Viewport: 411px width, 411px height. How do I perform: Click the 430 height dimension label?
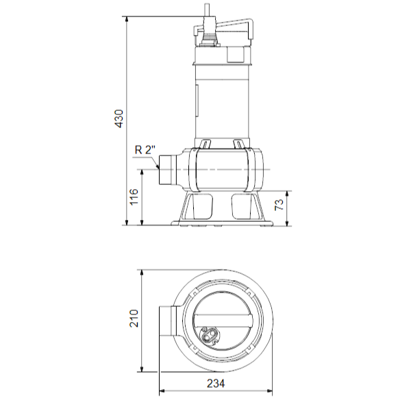[119, 119]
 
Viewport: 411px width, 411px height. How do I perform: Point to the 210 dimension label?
[134, 319]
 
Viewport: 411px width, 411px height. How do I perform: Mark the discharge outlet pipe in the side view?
[167, 170]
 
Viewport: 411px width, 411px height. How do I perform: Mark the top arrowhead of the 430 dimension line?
[127, 18]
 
